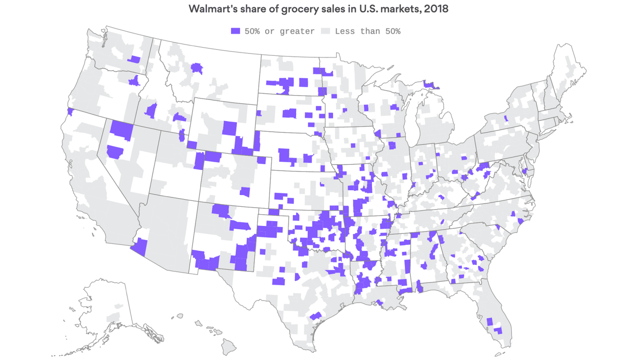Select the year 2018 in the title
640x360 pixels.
pyautogui.click(x=436, y=9)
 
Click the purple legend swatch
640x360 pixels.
pyautogui.click(x=235, y=31)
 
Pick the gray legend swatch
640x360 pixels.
pyautogui.click(x=326, y=31)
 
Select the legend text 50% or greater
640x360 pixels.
pyautogui.click(x=279, y=31)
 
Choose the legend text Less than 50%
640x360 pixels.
pyautogui.click(x=367, y=31)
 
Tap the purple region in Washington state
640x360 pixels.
pyautogui.click(x=134, y=60)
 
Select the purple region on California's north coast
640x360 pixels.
pyautogui.click(x=71, y=112)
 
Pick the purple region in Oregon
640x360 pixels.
pyautogui.click(x=134, y=81)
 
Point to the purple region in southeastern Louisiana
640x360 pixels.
pyautogui.click(x=380, y=304)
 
